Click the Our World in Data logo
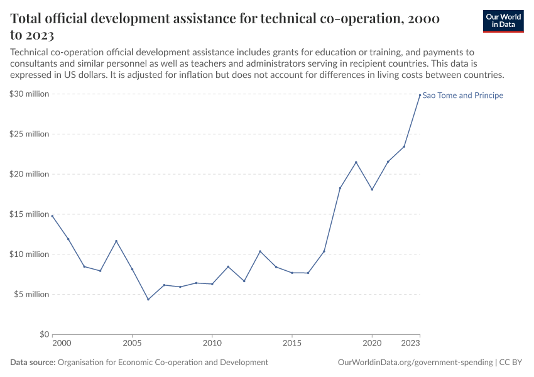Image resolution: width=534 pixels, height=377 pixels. (503, 21)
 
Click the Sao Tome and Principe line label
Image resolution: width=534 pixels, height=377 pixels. (463, 96)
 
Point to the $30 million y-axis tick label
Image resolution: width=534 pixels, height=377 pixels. (30, 94)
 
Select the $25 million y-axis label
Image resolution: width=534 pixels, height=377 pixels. (30, 134)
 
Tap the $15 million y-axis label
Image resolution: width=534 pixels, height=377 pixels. (30, 214)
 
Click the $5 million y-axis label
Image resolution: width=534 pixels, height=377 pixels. (31, 294)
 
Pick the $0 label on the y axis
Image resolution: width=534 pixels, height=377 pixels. (44, 334)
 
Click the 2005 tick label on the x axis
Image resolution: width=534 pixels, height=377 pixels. (132, 344)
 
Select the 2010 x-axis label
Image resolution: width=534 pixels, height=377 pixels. (212, 344)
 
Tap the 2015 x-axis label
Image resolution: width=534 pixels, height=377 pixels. (292, 344)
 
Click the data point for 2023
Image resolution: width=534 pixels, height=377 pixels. (420, 95)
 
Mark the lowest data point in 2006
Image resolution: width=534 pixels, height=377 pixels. (148, 299)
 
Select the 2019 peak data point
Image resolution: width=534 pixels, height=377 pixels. (356, 162)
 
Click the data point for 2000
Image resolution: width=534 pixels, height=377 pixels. (52, 216)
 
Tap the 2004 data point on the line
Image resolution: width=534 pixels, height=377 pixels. (116, 241)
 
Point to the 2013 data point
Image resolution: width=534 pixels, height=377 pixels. (260, 251)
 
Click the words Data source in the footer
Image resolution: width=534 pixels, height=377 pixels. (32, 363)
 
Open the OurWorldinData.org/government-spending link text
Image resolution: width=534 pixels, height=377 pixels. (415, 363)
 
